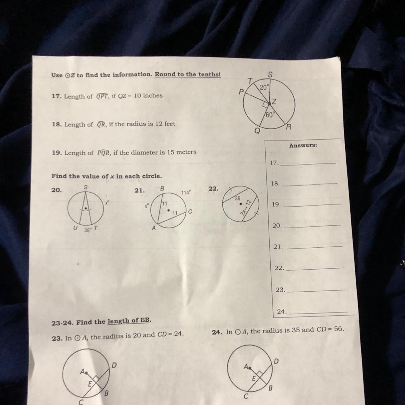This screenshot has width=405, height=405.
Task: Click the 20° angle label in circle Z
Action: coord(265,87)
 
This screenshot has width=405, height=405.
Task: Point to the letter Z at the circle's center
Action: coord(274,102)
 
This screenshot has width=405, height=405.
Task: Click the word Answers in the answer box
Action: coord(303,145)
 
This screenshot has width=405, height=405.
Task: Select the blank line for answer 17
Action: coord(308,163)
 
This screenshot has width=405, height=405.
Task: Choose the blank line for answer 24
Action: coord(318,312)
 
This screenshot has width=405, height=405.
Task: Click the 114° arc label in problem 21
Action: coord(186,193)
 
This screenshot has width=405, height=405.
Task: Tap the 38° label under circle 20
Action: coord(88,230)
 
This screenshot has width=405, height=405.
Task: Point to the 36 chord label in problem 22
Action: coord(237,198)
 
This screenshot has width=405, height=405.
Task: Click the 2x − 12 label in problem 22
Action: coord(246,207)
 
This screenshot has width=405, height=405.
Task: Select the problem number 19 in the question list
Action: coord(57,153)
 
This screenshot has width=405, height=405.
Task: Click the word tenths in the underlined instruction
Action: coord(210,74)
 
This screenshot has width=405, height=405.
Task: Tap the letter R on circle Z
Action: coord(288,127)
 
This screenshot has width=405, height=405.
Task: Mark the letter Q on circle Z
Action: coord(257,131)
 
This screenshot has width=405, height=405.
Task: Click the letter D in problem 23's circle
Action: coord(114,365)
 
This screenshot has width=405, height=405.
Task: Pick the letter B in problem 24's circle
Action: coord(270,388)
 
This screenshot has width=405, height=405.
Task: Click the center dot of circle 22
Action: coord(240,204)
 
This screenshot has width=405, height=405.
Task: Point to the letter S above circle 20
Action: coord(86,187)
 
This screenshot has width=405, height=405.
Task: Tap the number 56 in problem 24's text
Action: coord(338,329)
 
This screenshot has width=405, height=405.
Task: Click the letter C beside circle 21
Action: coord(190,212)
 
